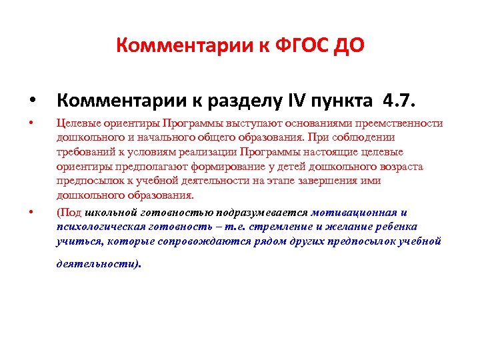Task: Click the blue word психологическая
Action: point(100,227)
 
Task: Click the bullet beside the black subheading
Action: point(31,102)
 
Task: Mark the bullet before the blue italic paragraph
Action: point(31,213)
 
